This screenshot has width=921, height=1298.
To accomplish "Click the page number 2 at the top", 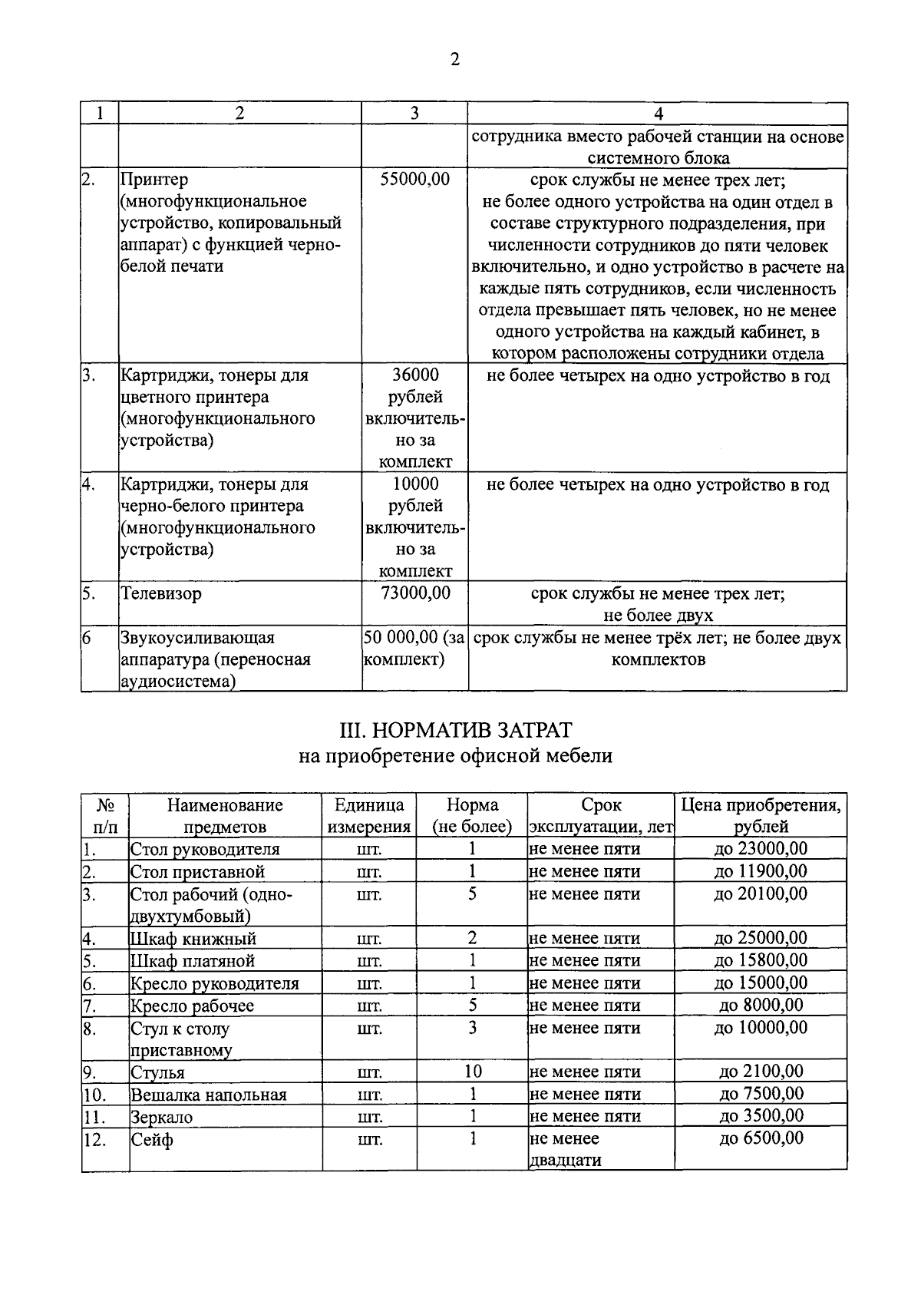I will [x=454, y=60].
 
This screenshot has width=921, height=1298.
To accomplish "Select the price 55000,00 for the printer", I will [x=414, y=180].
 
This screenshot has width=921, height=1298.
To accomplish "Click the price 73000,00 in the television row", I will [x=414, y=593].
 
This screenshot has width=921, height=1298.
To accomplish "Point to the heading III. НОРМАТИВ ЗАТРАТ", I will [x=455, y=728].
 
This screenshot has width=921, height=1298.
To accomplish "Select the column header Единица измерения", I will [x=369, y=815].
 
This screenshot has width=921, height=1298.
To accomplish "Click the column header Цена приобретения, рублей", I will [x=761, y=815].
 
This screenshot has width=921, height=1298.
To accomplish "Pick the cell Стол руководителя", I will [x=205, y=849].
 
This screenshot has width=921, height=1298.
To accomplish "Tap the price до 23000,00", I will [x=761, y=848].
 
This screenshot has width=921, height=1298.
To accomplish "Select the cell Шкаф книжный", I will [x=193, y=938].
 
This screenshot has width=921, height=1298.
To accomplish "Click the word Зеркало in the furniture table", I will [x=161, y=1117].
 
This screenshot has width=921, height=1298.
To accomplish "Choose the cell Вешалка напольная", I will [x=208, y=1095].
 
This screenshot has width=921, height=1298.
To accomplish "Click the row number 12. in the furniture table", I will [x=94, y=1140].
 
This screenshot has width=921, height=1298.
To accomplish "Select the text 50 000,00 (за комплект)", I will [x=414, y=649].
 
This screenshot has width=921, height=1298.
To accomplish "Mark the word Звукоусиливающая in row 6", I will [x=197, y=638].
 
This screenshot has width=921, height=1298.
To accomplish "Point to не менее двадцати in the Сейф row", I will [x=565, y=1149].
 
